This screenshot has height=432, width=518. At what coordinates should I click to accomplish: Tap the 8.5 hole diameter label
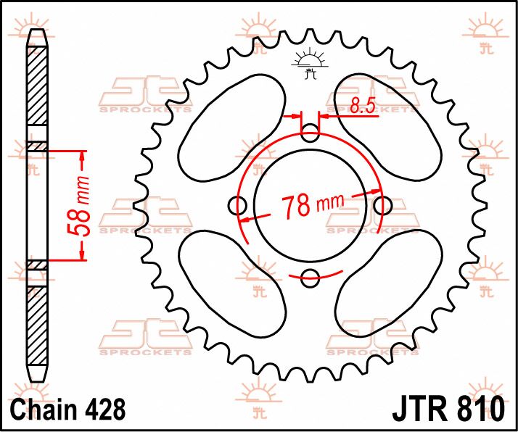pos(361,106)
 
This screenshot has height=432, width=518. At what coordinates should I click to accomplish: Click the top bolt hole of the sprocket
pos(311,133)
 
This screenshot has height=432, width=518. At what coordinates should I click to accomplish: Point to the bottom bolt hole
pos(311,275)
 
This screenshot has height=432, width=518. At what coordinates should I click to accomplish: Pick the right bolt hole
pos(382,206)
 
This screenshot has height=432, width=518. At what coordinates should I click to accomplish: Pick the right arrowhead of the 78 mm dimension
pos(377,191)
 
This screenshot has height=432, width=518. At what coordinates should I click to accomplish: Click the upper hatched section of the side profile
pos(37,91)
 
